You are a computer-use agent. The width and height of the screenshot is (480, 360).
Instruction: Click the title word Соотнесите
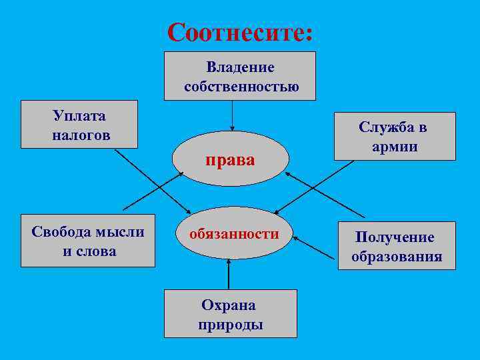click(x=239, y=32)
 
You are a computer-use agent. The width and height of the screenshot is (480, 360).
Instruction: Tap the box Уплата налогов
click(x=79, y=125)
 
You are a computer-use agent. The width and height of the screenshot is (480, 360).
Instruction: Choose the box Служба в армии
click(x=395, y=137)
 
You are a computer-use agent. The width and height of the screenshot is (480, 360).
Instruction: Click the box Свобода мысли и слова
click(x=88, y=241)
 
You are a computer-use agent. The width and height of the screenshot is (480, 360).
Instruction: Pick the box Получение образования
click(x=397, y=245)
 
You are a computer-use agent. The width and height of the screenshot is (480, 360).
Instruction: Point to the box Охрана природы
click(x=230, y=314)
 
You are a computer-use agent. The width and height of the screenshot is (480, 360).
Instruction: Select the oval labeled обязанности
click(x=234, y=233)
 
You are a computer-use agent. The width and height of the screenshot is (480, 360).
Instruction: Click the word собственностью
click(x=241, y=87)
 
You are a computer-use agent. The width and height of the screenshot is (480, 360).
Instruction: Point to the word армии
click(x=395, y=147)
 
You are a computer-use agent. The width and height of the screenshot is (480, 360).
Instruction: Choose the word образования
click(x=397, y=257)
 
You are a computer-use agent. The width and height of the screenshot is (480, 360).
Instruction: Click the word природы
click(x=230, y=325)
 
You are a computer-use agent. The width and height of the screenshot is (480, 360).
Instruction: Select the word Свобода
click(x=61, y=232)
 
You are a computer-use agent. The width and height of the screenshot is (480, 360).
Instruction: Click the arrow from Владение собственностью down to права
click(x=232, y=115)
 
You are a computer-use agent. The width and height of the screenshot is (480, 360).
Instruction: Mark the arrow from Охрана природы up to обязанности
click(x=229, y=274)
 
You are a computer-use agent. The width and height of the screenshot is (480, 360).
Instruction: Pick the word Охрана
click(x=229, y=305)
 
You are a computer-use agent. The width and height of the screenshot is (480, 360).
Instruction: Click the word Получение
click(x=395, y=237)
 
